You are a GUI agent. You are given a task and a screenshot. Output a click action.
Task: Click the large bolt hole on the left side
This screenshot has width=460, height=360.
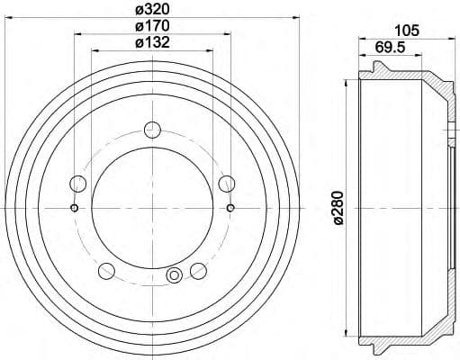[x=78, y=184]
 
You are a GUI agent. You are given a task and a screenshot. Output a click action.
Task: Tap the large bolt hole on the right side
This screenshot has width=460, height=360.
[x=227, y=184]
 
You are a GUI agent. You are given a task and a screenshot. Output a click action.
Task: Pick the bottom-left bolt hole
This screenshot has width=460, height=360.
[x=107, y=270]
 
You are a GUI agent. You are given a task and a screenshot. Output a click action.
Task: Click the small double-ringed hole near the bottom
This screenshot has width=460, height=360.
[x=175, y=275]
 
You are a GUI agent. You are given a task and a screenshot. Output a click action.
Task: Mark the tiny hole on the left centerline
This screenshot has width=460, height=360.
[x=74, y=209]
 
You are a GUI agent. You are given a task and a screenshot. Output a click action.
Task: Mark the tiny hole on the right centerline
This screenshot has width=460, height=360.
[x=231, y=209]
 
